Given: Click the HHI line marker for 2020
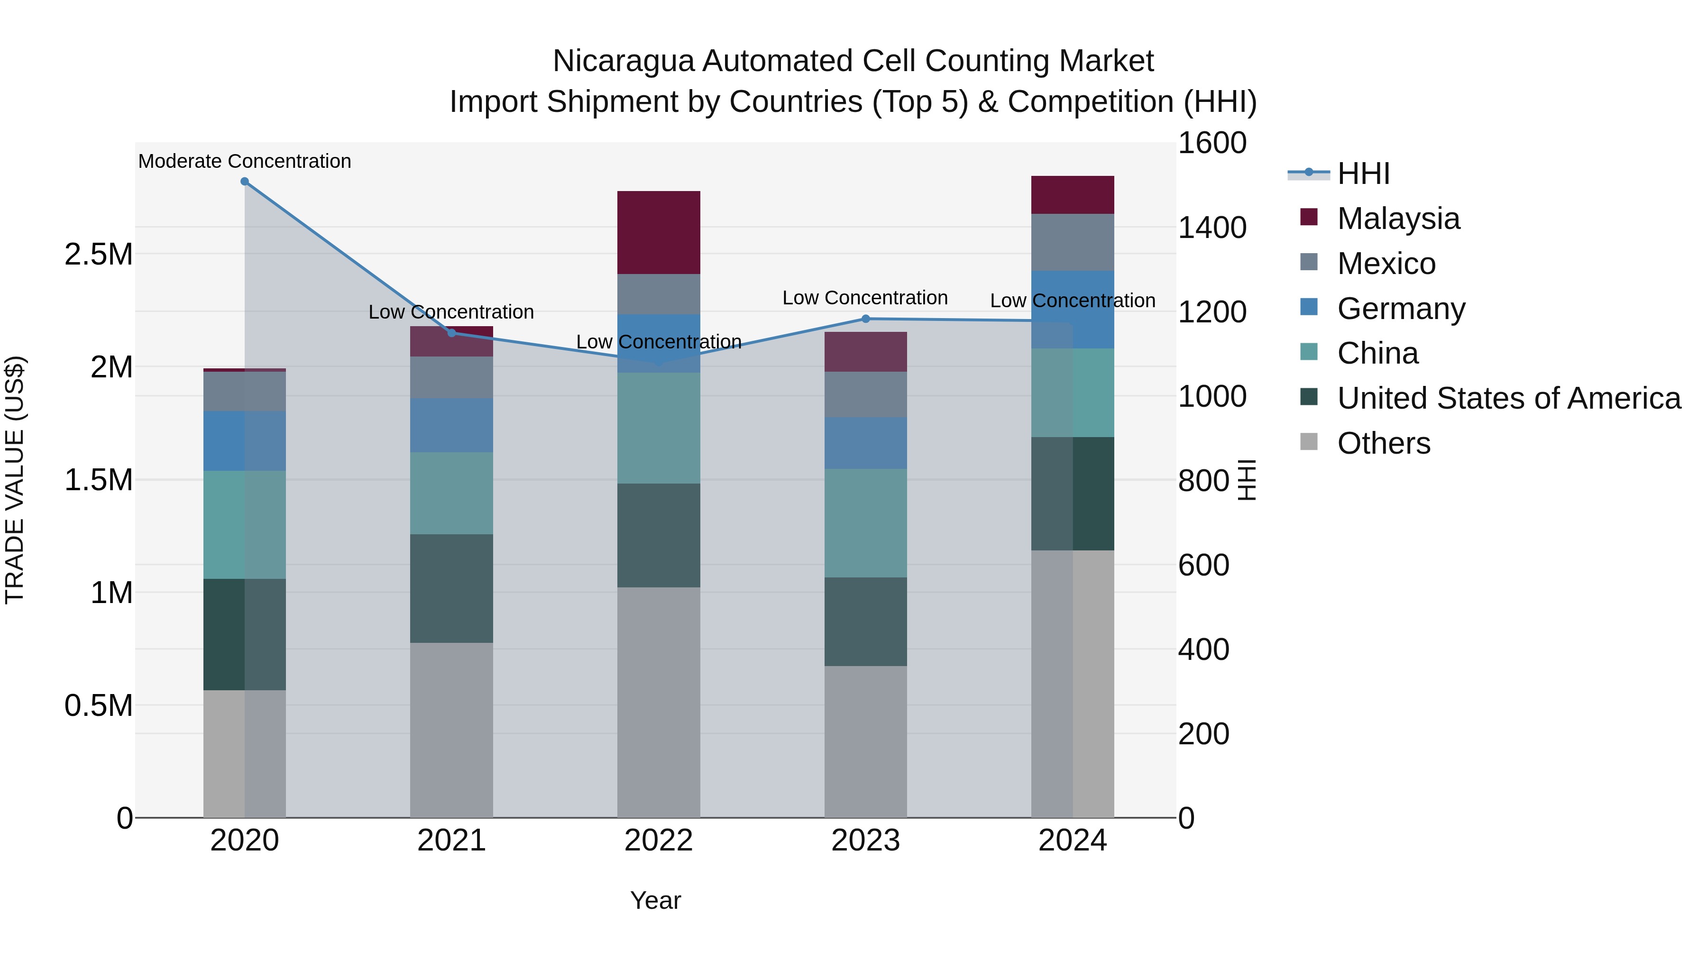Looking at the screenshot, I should (x=245, y=182).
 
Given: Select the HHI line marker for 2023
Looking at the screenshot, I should (x=865, y=319).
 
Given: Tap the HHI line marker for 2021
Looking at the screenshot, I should (x=452, y=333).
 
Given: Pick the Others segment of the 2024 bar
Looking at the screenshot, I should (x=1073, y=682).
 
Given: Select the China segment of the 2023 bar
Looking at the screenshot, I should (x=865, y=523).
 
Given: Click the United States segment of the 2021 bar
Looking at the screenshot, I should (x=452, y=588).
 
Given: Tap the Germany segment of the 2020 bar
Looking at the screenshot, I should (x=245, y=440).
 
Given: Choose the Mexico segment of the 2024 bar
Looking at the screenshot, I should (x=1073, y=242).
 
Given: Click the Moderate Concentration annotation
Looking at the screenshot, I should (x=245, y=161).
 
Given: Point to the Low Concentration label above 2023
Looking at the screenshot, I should (x=865, y=297).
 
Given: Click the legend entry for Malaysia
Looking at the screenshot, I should (x=1398, y=219).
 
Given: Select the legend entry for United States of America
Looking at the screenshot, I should (x=1508, y=398).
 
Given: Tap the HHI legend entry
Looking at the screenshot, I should (x=1362, y=174).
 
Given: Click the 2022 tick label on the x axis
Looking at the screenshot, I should (x=659, y=841).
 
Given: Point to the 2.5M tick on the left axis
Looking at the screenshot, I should (x=98, y=255).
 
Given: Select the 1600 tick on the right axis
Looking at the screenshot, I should (x=1212, y=143).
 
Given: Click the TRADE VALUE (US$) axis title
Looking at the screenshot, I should (x=15, y=480).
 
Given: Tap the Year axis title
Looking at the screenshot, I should (x=655, y=900).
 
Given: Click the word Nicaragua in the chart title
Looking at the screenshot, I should (x=623, y=61).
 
